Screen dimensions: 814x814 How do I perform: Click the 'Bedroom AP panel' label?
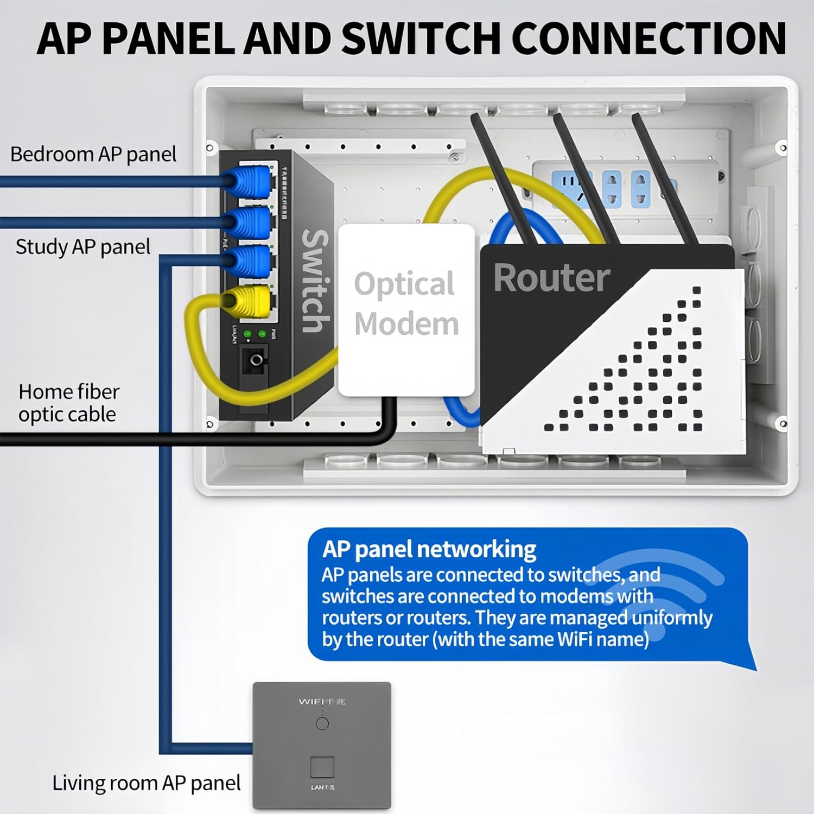pos(93,154)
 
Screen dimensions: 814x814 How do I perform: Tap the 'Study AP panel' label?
pos(83,247)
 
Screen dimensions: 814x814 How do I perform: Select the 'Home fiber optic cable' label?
pos(68,403)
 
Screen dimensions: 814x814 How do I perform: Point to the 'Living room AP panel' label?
pos(147,783)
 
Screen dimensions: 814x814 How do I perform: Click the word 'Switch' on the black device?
pos(315,281)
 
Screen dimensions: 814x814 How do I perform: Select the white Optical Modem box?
pos(406,310)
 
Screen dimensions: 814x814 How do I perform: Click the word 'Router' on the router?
pos(551,278)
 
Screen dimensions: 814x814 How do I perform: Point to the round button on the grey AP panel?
pos(322,723)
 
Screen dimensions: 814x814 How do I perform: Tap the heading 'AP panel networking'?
pos(429,549)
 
